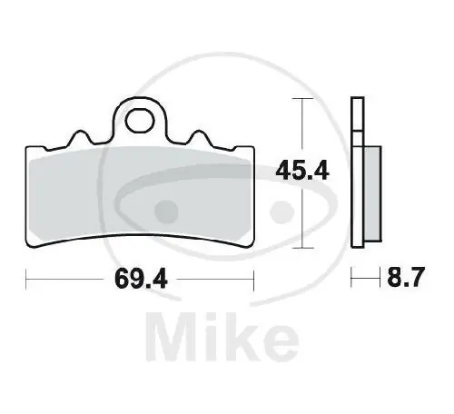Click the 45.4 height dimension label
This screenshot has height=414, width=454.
301,171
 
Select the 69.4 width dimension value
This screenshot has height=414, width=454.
141,279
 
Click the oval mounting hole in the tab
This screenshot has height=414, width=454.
140,121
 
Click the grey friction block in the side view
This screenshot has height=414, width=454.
372,193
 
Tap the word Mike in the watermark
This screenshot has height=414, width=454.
222,337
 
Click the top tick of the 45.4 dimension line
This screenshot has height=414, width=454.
302,99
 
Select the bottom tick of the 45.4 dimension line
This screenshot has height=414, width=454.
302,248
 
